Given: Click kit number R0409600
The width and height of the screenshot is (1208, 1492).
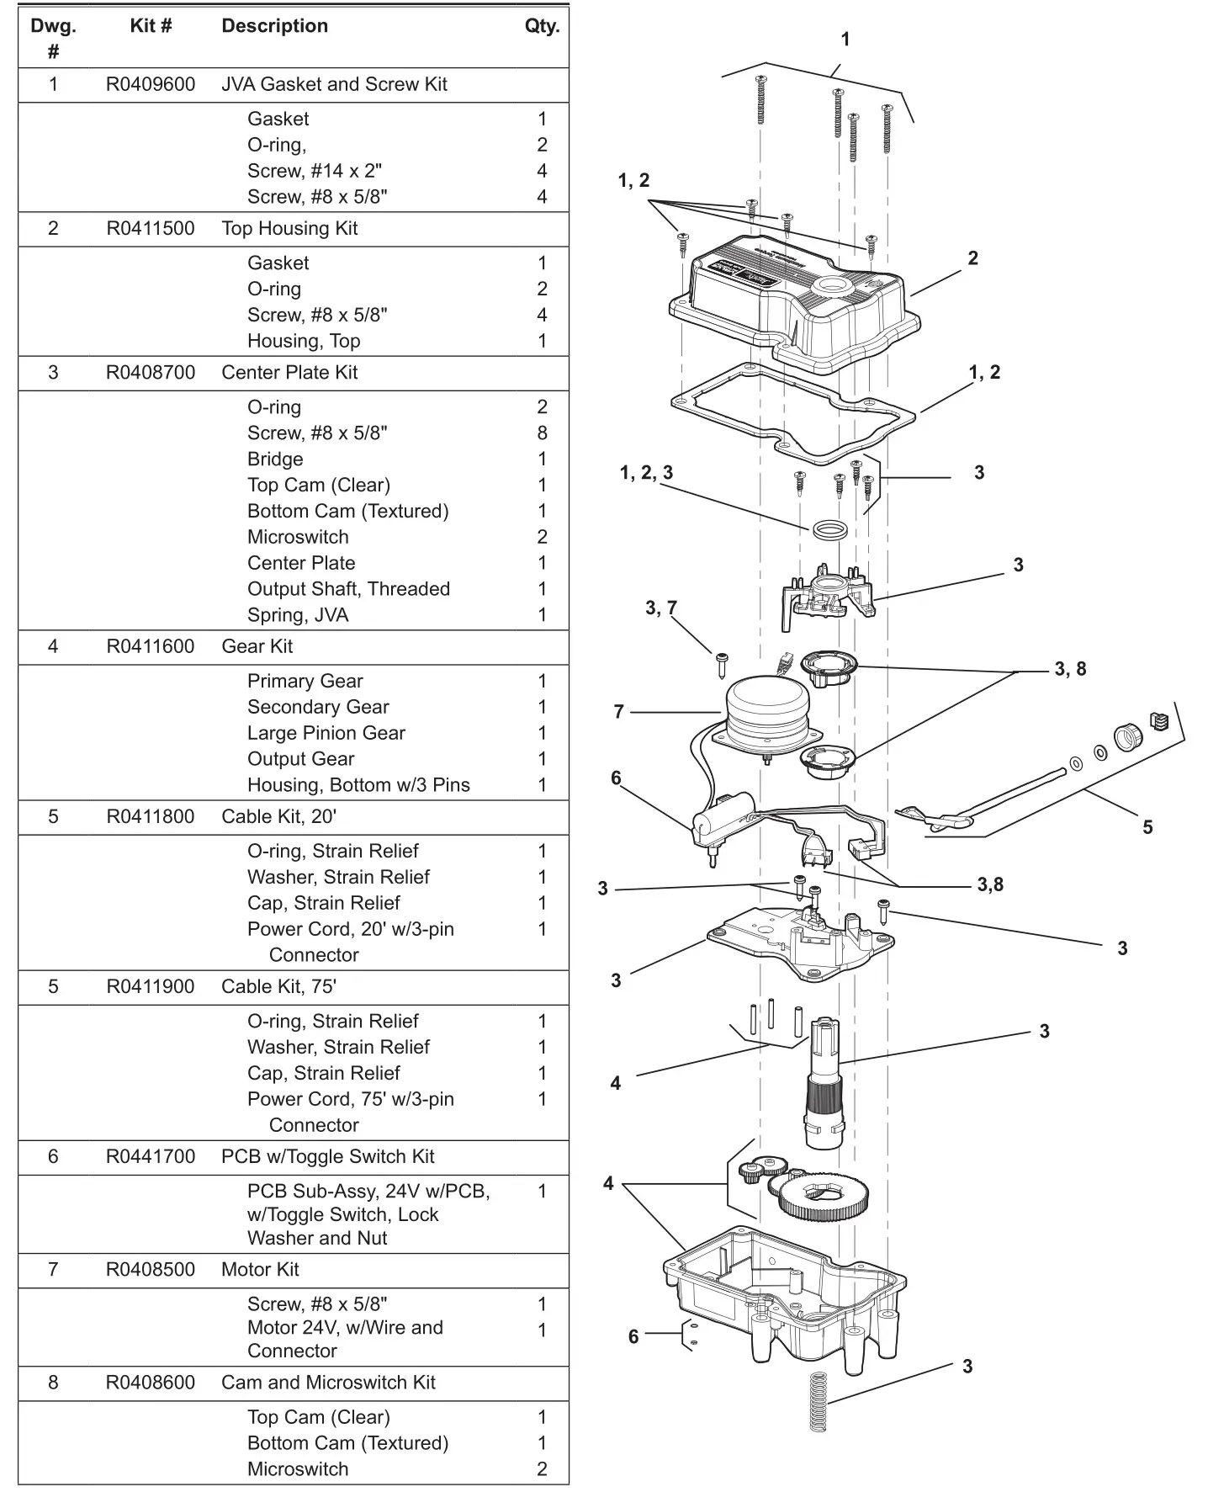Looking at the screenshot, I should tap(150, 84).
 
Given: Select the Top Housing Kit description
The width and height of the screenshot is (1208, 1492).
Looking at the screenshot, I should tap(289, 228).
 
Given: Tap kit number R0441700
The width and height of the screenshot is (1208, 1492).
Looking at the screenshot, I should tap(150, 1156).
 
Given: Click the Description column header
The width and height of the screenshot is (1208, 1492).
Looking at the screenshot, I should tap(274, 26).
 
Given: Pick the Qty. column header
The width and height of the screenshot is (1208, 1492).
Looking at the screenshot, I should tap(542, 26).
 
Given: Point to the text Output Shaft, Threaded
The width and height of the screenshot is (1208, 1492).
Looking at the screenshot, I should tap(348, 589).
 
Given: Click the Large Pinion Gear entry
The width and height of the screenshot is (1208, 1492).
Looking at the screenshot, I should tap(326, 733).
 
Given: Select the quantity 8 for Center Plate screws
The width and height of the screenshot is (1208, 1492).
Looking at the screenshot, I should tap(542, 433).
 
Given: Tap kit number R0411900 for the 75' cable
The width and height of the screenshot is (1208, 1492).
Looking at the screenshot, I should tap(150, 986).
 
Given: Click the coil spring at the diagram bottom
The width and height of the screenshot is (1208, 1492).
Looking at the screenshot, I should tap(817, 1401).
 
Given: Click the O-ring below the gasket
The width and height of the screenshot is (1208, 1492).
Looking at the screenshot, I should tap(829, 531).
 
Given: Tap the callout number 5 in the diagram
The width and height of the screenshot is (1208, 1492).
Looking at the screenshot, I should tap(1147, 827).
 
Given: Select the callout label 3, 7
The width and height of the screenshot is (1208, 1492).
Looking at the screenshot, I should tap(660, 608).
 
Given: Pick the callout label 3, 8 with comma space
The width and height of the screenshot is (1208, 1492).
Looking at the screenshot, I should tap(1070, 669).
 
